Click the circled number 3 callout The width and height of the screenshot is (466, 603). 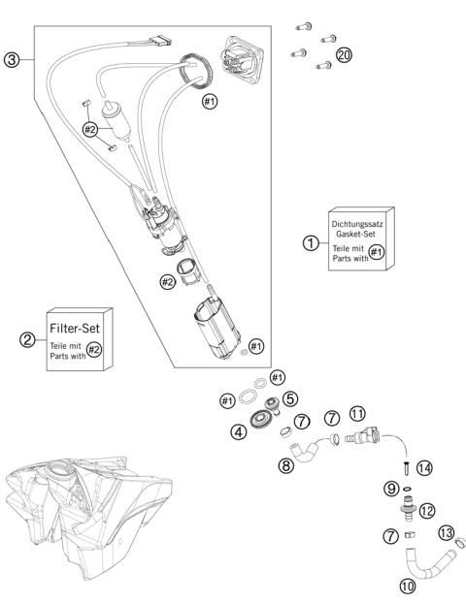[x=12, y=59]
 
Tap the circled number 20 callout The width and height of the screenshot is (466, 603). [x=344, y=55]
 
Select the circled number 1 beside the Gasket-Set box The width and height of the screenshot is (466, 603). [x=311, y=243]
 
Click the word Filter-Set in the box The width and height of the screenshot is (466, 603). [x=75, y=328]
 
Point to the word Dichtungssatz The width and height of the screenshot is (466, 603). [x=357, y=224]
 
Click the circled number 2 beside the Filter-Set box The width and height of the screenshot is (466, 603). [x=27, y=339]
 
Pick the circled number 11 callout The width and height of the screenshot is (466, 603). [x=357, y=414]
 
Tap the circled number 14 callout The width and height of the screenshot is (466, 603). [x=424, y=468]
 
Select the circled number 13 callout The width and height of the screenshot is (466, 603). [x=447, y=533]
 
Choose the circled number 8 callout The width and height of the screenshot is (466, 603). [x=285, y=465]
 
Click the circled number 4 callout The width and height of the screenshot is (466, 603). [x=239, y=431]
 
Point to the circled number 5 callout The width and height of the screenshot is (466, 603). [x=290, y=398]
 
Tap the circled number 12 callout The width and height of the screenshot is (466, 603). [x=427, y=511]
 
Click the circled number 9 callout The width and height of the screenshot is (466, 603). [x=391, y=489]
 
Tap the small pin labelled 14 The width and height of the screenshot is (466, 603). [x=408, y=468]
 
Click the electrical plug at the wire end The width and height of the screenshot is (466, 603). [x=160, y=41]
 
